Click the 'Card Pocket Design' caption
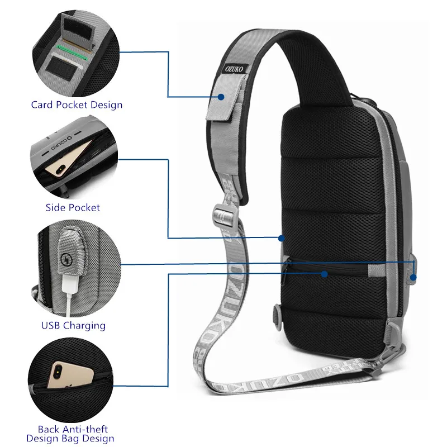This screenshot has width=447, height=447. (x=77, y=104)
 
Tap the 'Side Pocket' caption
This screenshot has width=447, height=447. (x=73, y=207)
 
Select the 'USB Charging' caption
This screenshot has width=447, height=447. (x=73, y=325)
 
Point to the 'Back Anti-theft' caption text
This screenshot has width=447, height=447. (x=73, y=429)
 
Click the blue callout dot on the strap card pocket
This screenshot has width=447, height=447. (x=221, y=97)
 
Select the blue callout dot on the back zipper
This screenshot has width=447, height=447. (x=325, y=273)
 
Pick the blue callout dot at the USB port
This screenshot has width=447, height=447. (x=412, y=277)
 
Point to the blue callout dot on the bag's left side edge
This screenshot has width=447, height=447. (x=281, y=238)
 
